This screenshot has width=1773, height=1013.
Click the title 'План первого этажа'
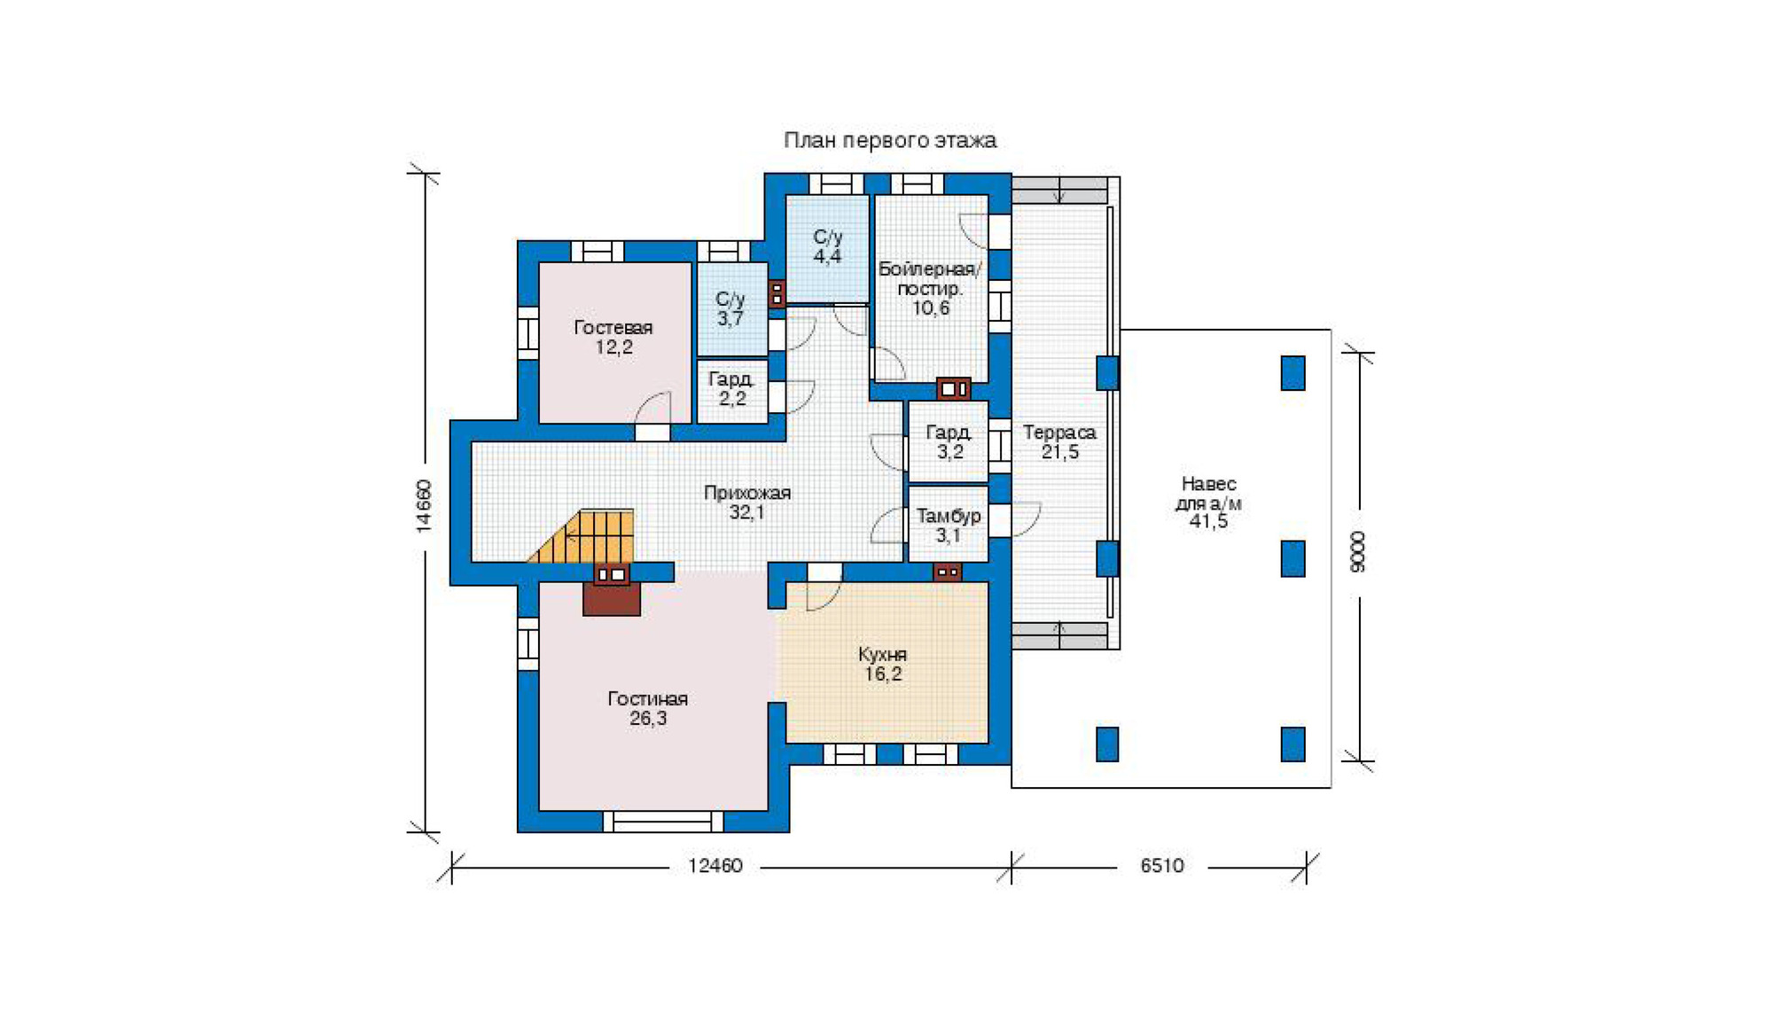(890, 140)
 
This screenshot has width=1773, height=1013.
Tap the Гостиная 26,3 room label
(648, 708)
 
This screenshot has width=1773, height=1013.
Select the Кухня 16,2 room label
(883, 664)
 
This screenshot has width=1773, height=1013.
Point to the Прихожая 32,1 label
(747, 503)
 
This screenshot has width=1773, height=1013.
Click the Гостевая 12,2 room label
(613, 337)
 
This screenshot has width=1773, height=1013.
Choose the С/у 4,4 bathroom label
(828, 246)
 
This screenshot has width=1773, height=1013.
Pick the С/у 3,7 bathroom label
(730, 308)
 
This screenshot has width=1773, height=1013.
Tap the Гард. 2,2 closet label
(731, 388)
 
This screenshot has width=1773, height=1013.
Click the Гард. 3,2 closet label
(949, 441)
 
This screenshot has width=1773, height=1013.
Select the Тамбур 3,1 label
(949, 525)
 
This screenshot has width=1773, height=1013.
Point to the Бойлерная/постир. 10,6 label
(930, 288)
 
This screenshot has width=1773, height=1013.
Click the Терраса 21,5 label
(1060, 441)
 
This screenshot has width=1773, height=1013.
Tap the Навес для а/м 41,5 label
(1209, 502)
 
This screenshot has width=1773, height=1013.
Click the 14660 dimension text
(424, 506)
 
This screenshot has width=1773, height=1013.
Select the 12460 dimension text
(715, 865)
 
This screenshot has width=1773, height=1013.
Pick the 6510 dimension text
(1162, 865)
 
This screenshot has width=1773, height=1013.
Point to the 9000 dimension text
(1357, 551)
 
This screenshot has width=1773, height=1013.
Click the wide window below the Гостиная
(663, 822)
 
